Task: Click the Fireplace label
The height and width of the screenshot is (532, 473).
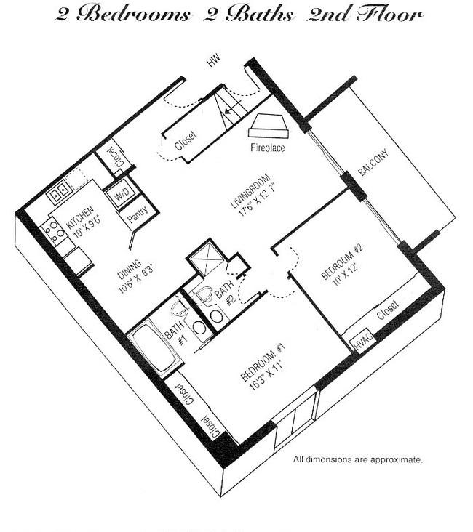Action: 267,148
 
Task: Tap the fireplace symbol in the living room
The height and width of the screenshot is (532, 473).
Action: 269,126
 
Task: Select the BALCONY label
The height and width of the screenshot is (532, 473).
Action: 373,163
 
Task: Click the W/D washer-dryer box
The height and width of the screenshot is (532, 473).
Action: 121,194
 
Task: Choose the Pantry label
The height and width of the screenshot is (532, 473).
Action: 138,215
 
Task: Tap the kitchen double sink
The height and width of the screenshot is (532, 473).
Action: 59,193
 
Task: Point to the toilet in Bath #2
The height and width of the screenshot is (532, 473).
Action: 204,293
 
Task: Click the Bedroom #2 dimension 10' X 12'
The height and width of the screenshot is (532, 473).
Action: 346,275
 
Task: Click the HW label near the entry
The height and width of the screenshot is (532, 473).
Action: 214,60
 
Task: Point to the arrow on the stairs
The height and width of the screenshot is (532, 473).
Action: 231,108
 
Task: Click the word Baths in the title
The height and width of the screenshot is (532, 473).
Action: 259,15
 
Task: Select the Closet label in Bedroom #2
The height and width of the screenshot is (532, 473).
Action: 388,310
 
